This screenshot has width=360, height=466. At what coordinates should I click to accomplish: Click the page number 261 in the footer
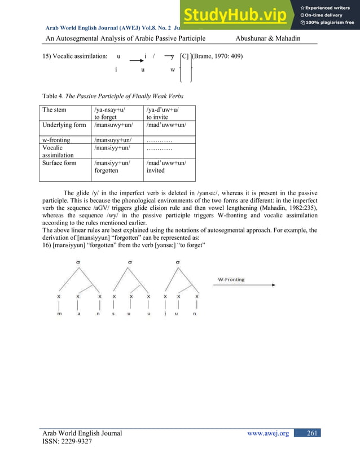pyautogui.click(x=310, y=433)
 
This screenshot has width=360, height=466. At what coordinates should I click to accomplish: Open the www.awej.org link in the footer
pyautogui.click(x=269, y=433)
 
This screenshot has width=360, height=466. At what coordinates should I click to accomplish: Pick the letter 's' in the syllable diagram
pyautogui.click(x=114, y=314)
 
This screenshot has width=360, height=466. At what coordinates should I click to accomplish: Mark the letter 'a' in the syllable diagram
pyautogui.click(x=78, y=314)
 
